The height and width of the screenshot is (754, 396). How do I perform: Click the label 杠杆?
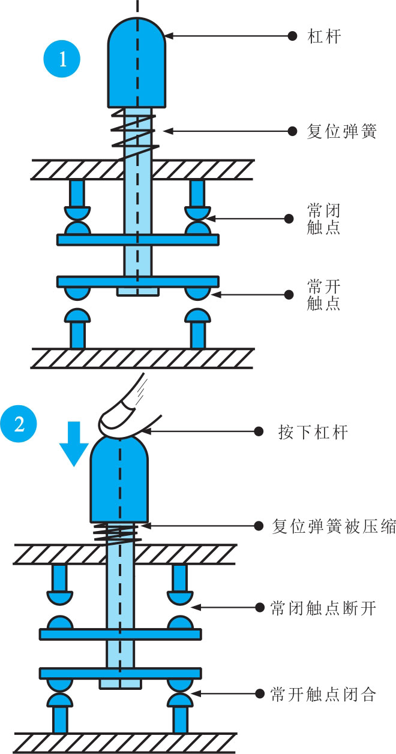click(x=324, y=37)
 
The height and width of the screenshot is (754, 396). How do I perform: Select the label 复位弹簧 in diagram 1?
click(x=341, y=131)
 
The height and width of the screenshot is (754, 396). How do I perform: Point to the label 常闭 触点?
click(x=323, y=218)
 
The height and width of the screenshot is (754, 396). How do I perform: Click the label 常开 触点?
click(x=323, y=294)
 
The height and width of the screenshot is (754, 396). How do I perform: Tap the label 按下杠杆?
click(x=313, y=432)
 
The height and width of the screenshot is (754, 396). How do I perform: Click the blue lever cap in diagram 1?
click(x=137, y=66)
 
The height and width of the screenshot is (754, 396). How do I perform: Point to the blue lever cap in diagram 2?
click(x=119, y=479)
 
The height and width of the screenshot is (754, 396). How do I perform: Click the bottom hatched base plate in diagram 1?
click(x=142, y=358)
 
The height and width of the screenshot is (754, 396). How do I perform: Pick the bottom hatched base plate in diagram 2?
click(x=124, y=743)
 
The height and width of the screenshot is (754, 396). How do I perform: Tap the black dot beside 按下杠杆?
click(x=259, y=432)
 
